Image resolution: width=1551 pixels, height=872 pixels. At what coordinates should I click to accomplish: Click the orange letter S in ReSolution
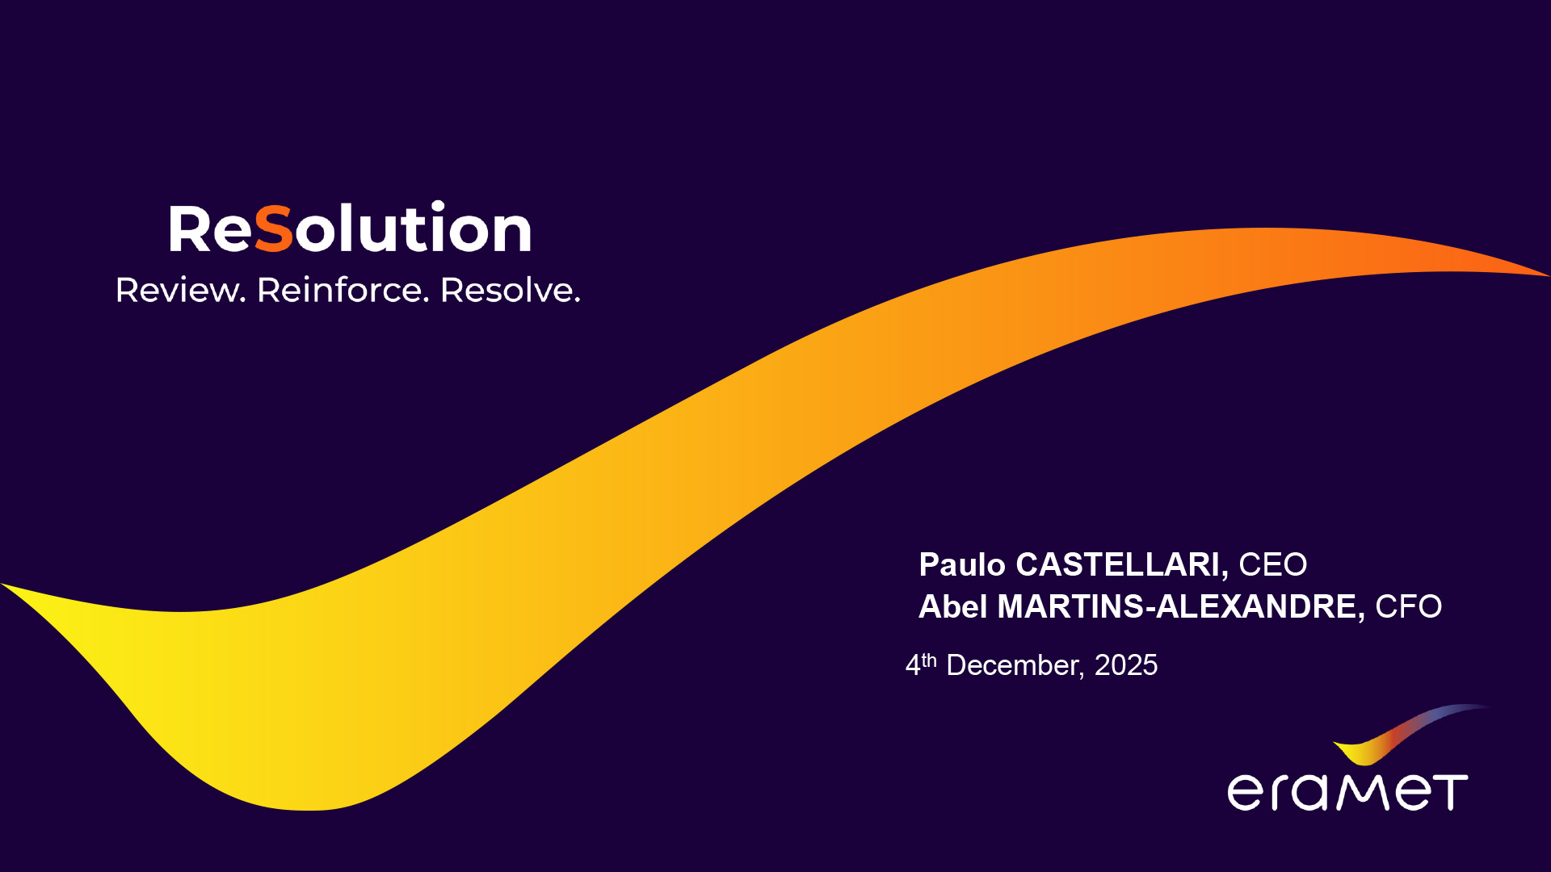[273, 228]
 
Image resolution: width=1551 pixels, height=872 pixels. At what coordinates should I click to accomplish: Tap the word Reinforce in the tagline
[339, 290]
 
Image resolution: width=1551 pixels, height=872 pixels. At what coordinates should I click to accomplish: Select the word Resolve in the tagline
[506, 290]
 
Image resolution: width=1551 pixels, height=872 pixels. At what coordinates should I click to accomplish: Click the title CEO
[1272, 564]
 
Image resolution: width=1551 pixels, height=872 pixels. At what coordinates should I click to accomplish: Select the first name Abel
[952, 606]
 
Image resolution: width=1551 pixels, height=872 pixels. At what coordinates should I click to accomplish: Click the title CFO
[1408, 606]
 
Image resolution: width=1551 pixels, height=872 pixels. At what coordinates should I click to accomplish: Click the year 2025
[1125, 665]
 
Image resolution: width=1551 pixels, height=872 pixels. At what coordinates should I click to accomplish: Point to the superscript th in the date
[929, 660]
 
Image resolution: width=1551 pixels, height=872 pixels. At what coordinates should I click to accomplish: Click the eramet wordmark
[1347, 791]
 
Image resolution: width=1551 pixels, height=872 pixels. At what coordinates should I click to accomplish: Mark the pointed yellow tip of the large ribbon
[2, 584]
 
